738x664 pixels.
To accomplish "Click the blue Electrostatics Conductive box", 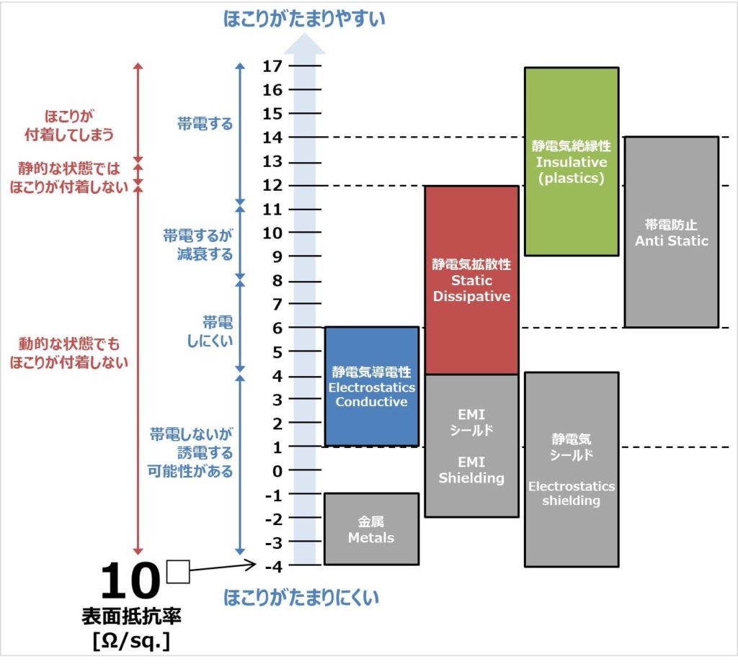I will point(371,386).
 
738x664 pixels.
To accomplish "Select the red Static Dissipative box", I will point(471,279).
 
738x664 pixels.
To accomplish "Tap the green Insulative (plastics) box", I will point(572,161).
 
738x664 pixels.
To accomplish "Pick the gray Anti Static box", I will point(671,232).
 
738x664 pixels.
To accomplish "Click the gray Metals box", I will point(371,529).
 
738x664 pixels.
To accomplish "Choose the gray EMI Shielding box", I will point(471,446).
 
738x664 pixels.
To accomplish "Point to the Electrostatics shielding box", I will point(572,469).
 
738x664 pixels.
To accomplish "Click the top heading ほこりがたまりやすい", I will point(304,19).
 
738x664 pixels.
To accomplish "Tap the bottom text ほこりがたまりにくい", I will point(301,597).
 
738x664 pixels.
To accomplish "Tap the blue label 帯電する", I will point(205,124).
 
